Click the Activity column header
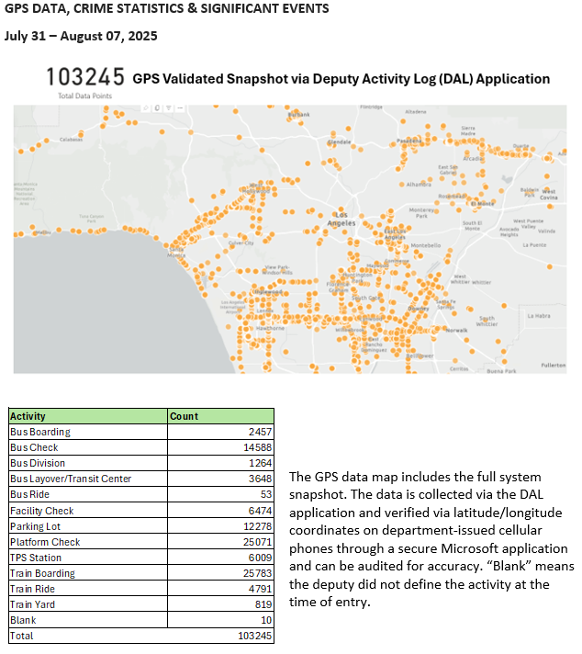(x=28, y=416)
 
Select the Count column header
(x=185, y=416)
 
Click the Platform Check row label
(x=45, y=542)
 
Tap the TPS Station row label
(x=36, y=558)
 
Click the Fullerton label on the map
(x=553, y=365)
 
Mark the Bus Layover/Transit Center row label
(x=71, y=479)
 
